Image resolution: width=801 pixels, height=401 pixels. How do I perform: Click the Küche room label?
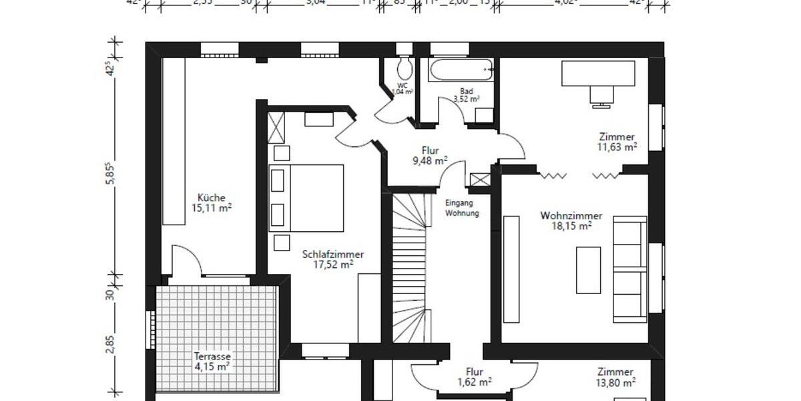(x=206, y=197)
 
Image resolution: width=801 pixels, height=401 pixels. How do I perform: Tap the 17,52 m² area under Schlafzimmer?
(x=333, y=265)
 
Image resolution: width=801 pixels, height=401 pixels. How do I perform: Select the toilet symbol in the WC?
(x=403, y=68)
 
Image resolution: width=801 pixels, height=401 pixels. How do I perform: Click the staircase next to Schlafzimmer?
(x=409, y=267)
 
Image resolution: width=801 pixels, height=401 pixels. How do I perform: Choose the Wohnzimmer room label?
(x=571, y=216)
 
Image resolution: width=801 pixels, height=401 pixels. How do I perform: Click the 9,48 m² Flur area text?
(x=430, y=161)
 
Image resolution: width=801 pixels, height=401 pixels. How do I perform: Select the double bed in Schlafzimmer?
(x=306, y=198)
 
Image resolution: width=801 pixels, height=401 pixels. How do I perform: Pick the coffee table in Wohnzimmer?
(x=588, y=270)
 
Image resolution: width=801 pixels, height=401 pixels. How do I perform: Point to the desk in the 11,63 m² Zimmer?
(x=597, y=73)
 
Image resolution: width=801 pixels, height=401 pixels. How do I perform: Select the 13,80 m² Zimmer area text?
(x=615, y=383)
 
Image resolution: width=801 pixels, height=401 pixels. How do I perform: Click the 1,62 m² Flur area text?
(x=475, y=383)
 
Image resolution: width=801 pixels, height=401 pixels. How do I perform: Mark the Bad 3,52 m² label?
(x=467, y=95)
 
